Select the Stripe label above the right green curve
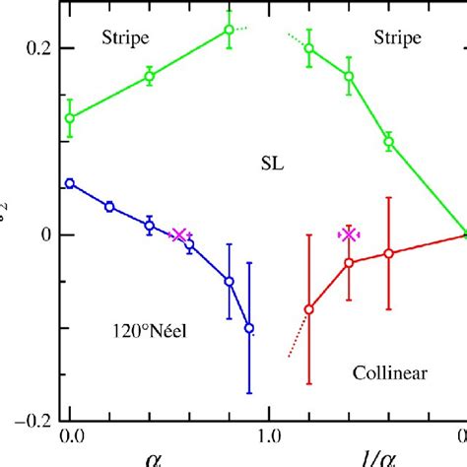[x=397, y=38]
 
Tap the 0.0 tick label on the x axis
[x=70, y=434]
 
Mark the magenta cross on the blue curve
[x=178, y=234]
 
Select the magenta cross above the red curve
[x=348, y=234]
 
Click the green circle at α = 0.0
[x=70, y=118]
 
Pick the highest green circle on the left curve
[x=230, y=30]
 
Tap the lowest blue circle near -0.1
[x=249, y=328]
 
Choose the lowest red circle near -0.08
[x=309, y=309]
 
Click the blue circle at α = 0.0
[x=70, y=183]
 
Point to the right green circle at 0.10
[x=388, y=142]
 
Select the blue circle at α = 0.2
[x=109, y=207]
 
